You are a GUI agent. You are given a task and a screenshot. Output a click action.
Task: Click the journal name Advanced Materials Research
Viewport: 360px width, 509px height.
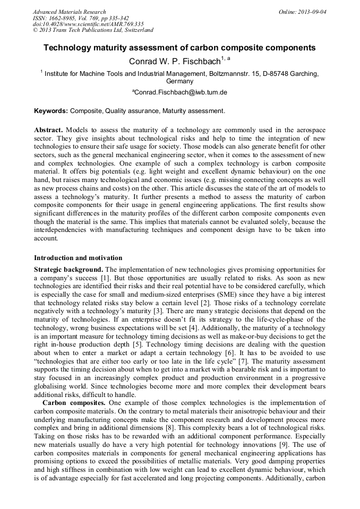click(69, 12)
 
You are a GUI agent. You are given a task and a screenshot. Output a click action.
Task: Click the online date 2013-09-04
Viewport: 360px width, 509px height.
click(310, 12)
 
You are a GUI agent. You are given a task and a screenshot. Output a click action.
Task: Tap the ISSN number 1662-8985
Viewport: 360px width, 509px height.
click(63, 18)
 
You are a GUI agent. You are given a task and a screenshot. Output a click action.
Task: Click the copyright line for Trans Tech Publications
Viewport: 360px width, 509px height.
click(93, 31)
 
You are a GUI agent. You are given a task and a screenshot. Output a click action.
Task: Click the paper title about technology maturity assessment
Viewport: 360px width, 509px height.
click(179, 48)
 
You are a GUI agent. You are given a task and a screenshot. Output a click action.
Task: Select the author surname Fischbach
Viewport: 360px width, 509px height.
click(197, 61)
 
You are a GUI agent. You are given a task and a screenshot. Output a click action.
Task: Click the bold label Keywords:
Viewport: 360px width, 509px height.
click(51, 111)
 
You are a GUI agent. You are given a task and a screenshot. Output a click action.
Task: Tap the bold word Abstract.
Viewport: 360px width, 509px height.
click(49, 130)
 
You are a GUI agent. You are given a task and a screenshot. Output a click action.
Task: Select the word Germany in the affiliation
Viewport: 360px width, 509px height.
click(179, 82)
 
